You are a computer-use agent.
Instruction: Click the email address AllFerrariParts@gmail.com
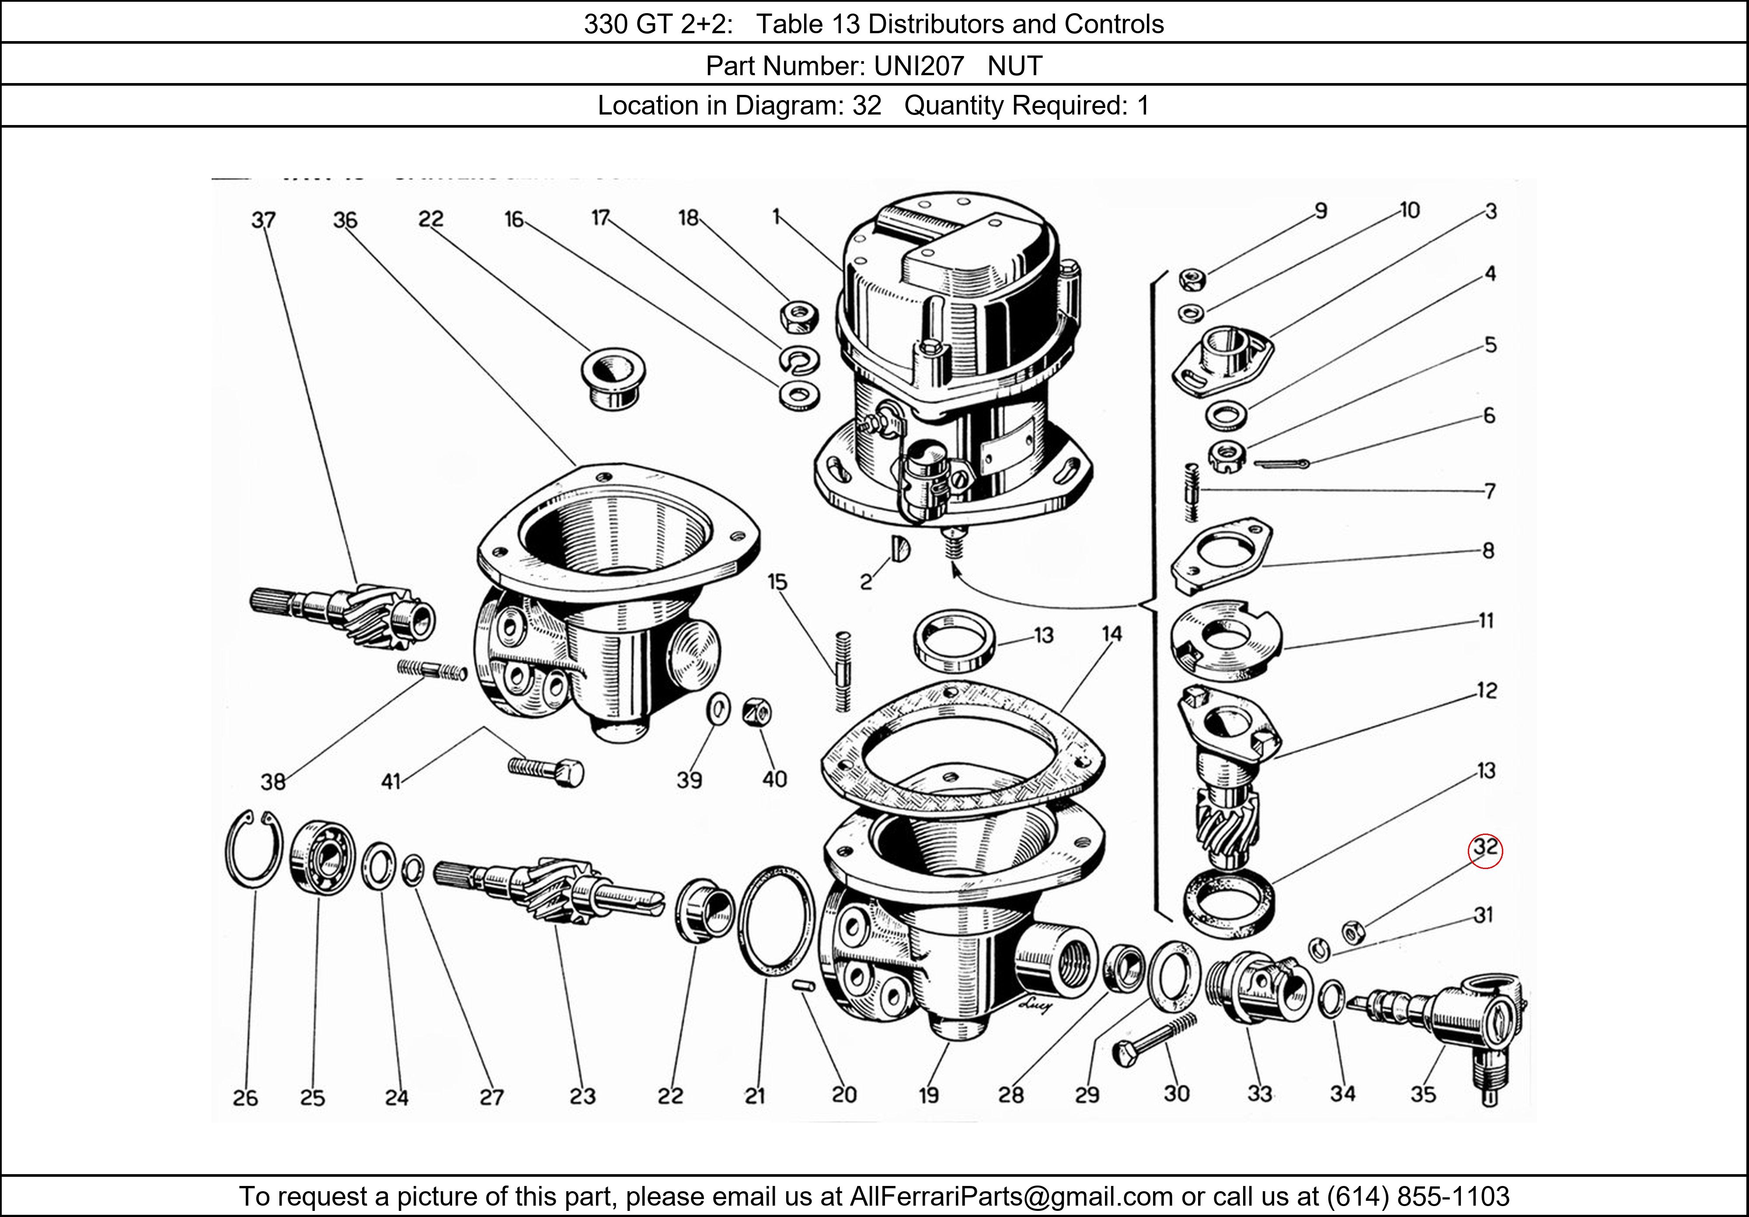click(1011, 1196)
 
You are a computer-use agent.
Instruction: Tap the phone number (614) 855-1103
click(1418, 1196)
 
